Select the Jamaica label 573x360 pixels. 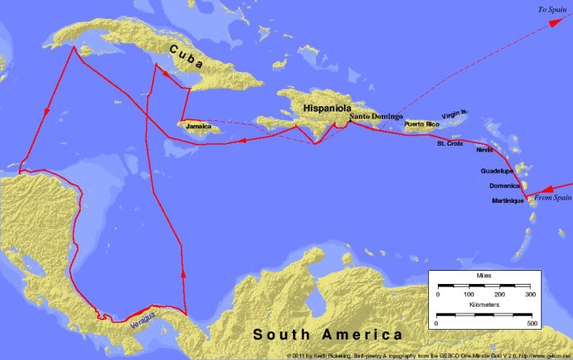click(199, 127)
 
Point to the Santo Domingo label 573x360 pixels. click(376, 117)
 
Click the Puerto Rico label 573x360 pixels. click(423, 124)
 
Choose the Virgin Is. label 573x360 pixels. click(456, 116)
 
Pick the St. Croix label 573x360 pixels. click(450, 144)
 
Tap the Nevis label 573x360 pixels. click(485, 151)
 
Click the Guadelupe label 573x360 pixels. click(497, 171)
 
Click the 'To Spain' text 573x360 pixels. click(550, 10)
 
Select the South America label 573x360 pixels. click(327, 334)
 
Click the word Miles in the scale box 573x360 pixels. click(485, 277)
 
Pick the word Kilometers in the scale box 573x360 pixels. click(485, 304)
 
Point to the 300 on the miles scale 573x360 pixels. click(530, 293)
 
